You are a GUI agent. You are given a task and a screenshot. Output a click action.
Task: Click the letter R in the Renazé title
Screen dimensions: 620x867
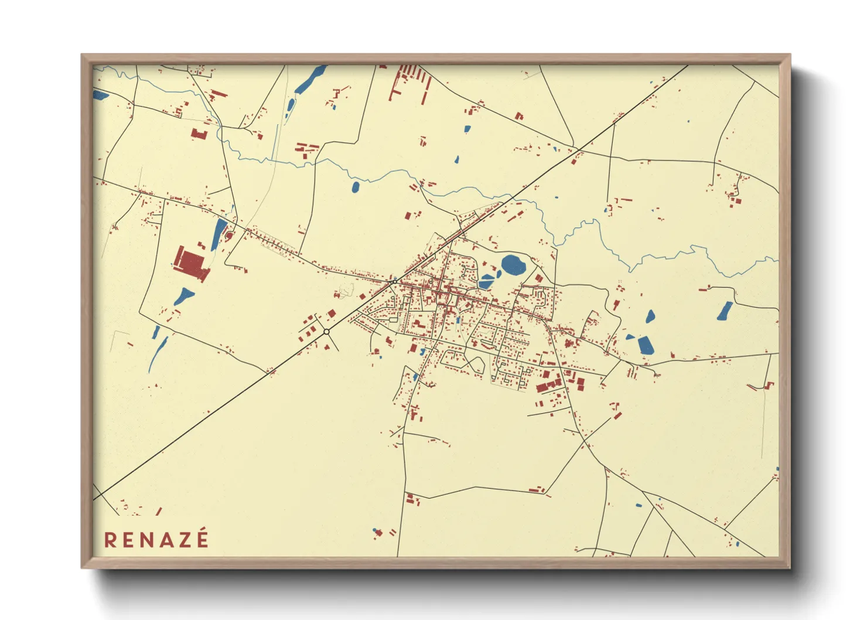[110, 539]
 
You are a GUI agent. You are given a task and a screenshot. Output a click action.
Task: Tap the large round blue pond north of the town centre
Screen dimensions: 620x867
[513, 265]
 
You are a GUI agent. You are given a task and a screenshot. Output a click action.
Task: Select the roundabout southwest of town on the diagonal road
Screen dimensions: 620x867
[326, 332]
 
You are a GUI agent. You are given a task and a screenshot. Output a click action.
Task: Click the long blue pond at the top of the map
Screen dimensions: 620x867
[310, 80]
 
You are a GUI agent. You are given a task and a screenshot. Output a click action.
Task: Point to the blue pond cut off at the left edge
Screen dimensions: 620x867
[98, 94]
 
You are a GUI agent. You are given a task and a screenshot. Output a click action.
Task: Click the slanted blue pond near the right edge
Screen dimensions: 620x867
[725, 311]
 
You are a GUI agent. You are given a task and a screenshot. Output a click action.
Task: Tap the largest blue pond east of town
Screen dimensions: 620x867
[646, 345]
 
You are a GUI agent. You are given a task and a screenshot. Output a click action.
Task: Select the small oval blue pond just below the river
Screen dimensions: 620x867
[356, 188]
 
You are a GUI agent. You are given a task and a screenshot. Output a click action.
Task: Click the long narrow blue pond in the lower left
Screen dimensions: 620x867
[157, 355]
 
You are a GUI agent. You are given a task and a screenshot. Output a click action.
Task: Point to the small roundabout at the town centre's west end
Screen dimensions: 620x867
[395, 281]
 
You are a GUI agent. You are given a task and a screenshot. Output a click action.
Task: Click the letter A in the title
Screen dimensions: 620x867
[167, 539]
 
